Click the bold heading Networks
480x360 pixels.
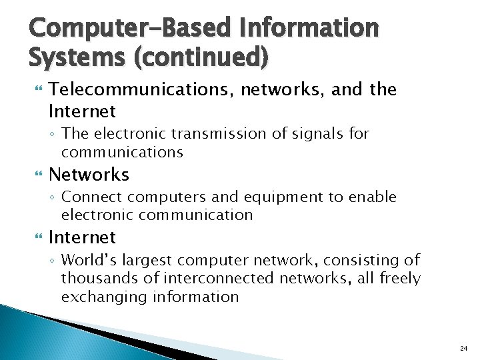coord(89,175)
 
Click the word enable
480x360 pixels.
coord(373,197)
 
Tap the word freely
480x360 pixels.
coord(399,279)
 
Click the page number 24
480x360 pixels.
coord(463,348)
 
